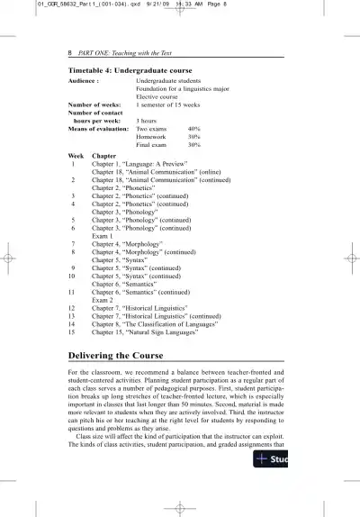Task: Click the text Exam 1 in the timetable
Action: coord(106,236)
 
